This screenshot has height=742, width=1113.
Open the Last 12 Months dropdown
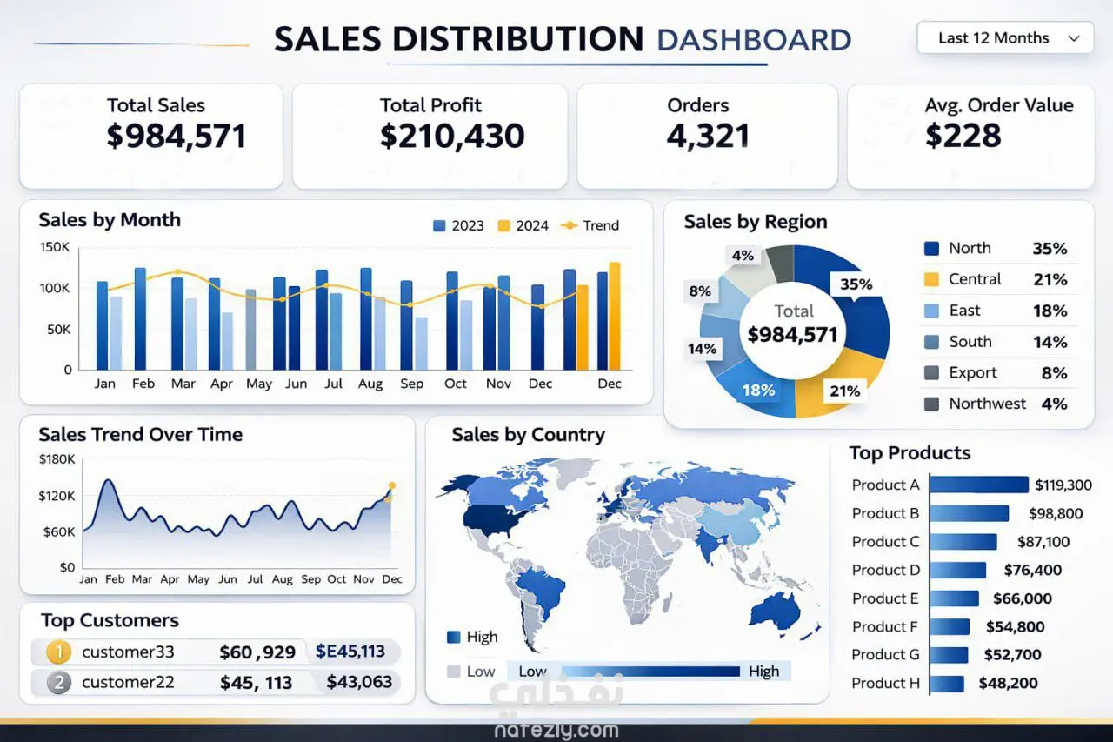click(x=1005, y=38)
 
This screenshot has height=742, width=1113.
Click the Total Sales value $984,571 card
click(x=177, y=136)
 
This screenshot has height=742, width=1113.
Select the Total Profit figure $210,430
click(x=452, y=136)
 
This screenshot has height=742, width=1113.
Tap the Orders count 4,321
click(x=708, y=136)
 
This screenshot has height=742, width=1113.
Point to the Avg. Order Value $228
click(x=963, y=136)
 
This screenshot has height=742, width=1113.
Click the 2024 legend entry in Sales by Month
click(x=523, y=225)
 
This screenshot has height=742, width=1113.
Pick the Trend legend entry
click(x=591, y=225)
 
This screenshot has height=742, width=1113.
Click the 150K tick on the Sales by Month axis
click(x=55, y=247)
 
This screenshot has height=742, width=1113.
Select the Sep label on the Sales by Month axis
click(x=411, y=384)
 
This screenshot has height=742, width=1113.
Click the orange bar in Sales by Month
click(x=614, y=317)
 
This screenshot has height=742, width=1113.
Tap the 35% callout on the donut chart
click(x=856, y=284)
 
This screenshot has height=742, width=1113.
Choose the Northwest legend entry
click(x=987, y=404)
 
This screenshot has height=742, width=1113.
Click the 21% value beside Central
click(x=1050, y=279)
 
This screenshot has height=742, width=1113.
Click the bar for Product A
click(x=979, y=485)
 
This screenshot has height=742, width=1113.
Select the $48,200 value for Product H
click(x=1008, y=683)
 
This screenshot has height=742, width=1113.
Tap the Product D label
click(x=885, y=570)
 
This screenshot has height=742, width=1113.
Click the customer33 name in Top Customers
click(x=128, y=652)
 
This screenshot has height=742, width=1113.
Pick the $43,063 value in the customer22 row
click(x=359, y=682)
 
